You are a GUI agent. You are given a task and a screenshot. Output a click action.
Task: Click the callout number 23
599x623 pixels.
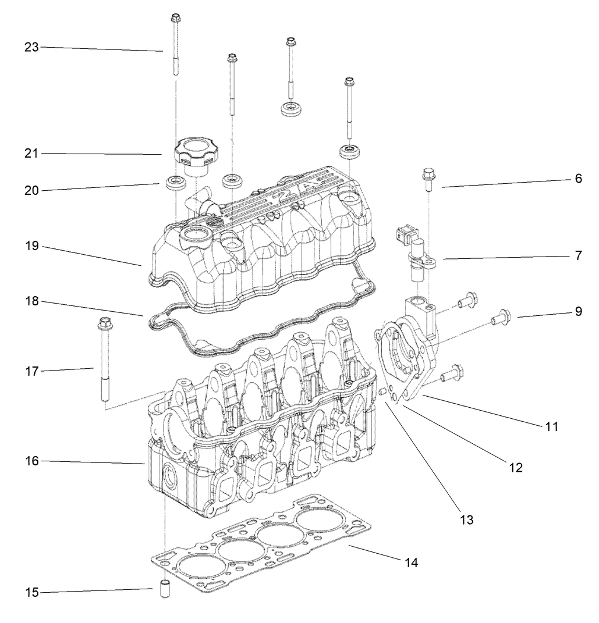coord(31,47)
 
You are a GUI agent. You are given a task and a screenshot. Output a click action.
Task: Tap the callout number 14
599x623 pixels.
coord(412,563)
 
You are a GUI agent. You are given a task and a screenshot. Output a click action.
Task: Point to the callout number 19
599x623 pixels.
coord(31,246)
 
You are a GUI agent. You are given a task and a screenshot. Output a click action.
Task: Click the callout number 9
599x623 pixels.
coord(578,311)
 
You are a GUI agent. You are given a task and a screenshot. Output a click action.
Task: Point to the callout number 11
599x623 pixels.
coord(551,426)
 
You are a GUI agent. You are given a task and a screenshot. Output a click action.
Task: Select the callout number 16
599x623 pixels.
coord(31,461)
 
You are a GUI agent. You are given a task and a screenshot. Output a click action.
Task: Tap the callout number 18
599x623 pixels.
coord(31,302)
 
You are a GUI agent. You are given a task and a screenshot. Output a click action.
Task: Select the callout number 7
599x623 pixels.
coord(578,255)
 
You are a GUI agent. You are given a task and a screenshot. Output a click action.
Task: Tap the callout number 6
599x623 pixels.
coord(578,179)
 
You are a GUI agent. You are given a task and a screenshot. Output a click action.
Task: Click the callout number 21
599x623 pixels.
coord(31,153)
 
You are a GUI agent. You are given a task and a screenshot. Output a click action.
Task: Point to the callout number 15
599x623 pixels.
coord(31,593)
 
